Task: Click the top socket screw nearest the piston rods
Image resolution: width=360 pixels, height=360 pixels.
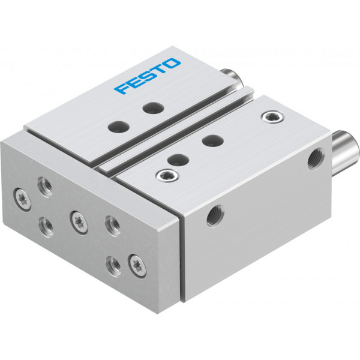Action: (x=272, y=116)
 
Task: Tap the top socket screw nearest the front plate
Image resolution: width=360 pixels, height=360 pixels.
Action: (x=167, y=176)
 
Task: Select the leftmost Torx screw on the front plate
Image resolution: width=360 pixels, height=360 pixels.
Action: (x=23, y=199)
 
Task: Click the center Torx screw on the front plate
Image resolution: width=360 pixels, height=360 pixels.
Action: (x=79, y=223)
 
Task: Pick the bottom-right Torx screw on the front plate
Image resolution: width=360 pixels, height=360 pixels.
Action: (x=137, y=266)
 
